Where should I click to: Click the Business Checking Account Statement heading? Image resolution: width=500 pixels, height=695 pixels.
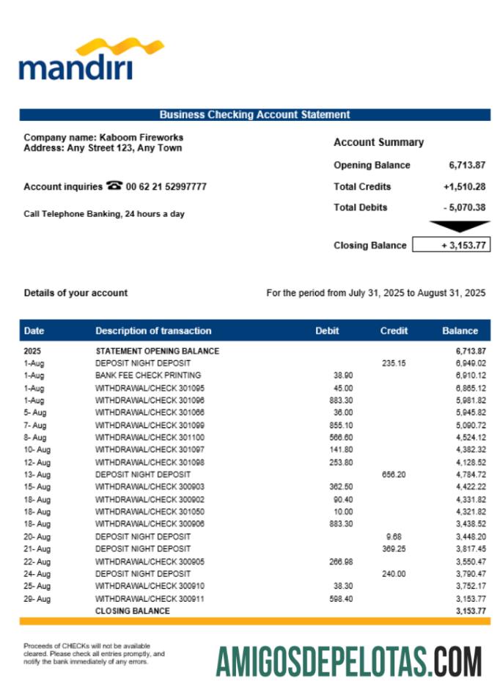[x=254, y=114]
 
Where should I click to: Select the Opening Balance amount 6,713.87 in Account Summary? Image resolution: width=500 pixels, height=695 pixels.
[x=467, y=165]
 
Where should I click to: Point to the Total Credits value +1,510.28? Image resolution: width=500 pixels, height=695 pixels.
[x=464, y=186]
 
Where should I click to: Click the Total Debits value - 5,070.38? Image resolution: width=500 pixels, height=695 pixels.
[x=464, y=207]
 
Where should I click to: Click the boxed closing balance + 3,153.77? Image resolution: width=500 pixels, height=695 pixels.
[x=451, y=246]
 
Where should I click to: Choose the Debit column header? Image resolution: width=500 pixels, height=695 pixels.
[x=327, y=331]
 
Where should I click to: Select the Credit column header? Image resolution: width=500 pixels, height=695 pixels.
[x=394, y=331]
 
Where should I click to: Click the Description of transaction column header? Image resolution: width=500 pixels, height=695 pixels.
[x=153, y=331]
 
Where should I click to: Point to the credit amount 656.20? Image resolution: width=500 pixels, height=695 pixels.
[x=394, y=474]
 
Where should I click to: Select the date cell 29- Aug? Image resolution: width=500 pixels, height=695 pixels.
[x=37, y=599]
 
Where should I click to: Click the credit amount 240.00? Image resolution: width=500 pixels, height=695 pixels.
[x=394, y=574]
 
